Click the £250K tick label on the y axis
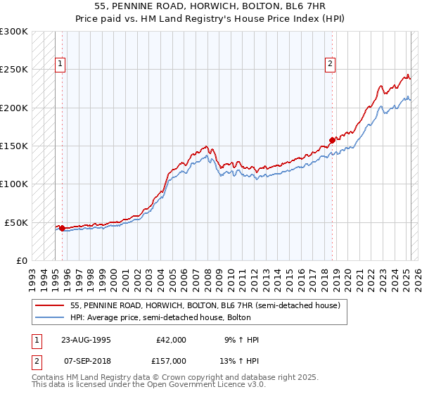(14, 70)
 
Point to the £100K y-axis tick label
(14, 184)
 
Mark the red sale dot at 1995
(62, 228)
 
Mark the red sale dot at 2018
(332, 140)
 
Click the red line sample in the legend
(49, 305)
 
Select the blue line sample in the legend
(49, 317)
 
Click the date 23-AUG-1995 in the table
(82, 340)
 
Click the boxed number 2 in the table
(37, 361)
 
